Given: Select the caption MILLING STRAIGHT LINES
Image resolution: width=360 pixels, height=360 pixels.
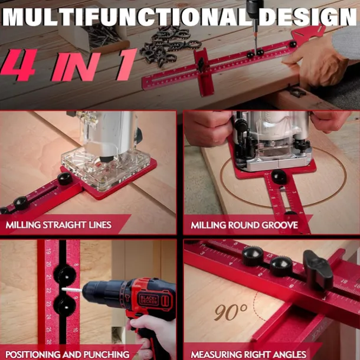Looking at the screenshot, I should click(58, 225).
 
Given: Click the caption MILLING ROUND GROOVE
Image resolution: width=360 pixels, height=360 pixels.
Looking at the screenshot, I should click(243, 225).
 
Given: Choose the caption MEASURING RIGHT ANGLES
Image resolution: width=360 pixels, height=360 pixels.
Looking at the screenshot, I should click(248, 354).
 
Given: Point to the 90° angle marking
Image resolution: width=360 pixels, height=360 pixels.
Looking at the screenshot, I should click(231, 312).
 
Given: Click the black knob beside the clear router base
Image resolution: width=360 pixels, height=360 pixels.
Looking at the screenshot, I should click(64, 178).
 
